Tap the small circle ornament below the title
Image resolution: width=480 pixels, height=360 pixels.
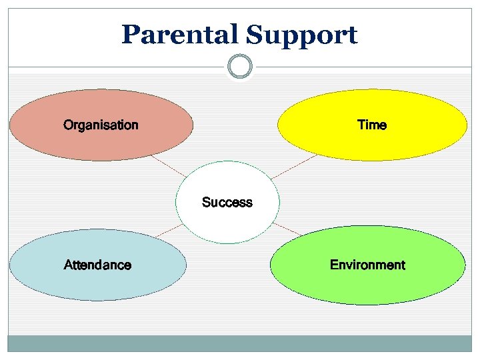pyautogui.click(x=240, y=67)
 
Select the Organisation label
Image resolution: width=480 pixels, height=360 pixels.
pyautogui.click(x=101, y=125)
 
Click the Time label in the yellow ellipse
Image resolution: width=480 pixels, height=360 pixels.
pyautogui.click(x=371, y=125)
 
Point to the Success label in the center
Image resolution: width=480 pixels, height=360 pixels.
pyautogui.click(x=227, y=202)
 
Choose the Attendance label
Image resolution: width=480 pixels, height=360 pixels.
pyautogui.click(x=97, y=265)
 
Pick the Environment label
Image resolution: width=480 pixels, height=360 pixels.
pyautogui.click(x=367, y=265)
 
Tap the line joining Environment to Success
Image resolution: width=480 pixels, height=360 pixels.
pyautogui.click(x=287, y=229)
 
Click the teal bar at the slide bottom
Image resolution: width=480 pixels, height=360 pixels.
pyautogui.click(x=240, y=343)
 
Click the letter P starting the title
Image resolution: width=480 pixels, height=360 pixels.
pyautogui.click(x=129, y=35)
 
